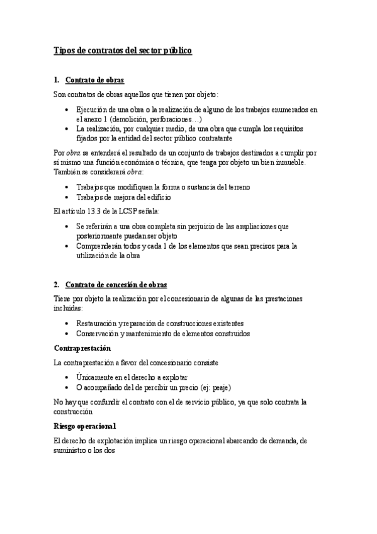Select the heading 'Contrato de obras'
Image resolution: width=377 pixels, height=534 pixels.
click(94, 80)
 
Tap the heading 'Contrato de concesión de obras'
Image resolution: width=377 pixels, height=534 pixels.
click(116, 285)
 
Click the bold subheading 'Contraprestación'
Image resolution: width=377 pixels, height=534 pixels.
click(82, 348)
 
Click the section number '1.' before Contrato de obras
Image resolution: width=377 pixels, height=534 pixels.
click(57, 80)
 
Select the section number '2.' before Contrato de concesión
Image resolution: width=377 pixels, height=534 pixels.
click(57, 285)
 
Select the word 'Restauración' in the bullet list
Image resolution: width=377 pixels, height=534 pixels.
click(96, 323)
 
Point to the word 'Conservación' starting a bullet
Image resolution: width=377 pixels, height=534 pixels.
click(98, 333)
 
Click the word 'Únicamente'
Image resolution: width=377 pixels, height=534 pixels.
click(95, 377)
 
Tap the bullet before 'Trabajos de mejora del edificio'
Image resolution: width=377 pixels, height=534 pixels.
click(68, 197)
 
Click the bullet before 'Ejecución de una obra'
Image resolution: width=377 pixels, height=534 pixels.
click(68, 110)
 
